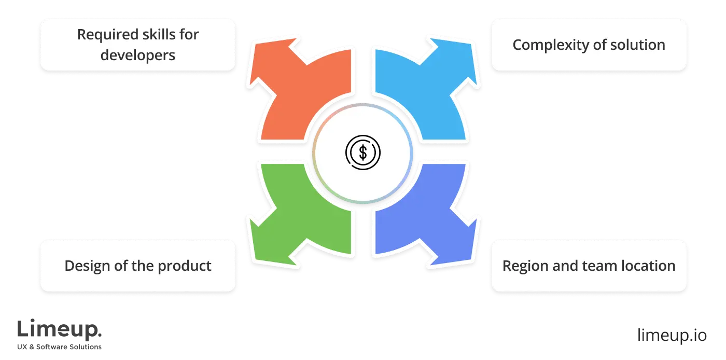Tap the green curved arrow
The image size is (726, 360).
coord(301,213)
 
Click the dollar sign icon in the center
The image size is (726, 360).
coord(363,153)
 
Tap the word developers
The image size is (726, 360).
coord(138,54)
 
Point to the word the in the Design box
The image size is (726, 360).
coord(146,266)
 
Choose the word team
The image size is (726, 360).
coord(595,266)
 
